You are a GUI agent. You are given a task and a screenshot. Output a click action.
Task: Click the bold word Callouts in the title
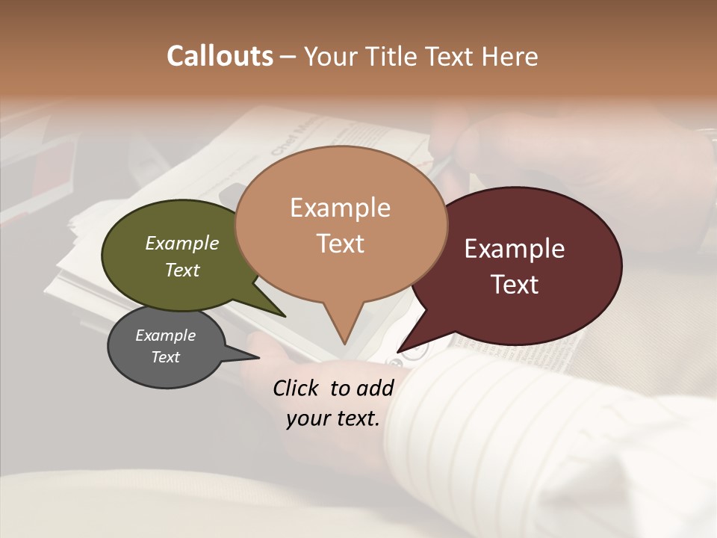pos(220,56)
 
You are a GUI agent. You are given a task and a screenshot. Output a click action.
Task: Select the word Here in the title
pos(508,56)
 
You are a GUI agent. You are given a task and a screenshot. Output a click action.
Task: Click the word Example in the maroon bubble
pos(515,249)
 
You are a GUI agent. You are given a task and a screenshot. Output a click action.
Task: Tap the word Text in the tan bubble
pos(341,244)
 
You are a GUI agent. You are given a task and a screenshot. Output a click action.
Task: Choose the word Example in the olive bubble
pos(182,243)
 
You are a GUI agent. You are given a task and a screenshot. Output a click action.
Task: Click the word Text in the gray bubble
pos(166,357)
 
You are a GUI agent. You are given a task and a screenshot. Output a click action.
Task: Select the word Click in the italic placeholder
pos(297,388)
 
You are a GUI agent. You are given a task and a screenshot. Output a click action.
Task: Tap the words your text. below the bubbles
pos(333,418)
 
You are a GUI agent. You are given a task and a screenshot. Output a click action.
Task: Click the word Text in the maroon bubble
pos(515,285)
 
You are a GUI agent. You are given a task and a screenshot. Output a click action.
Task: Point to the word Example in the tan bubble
pos(341,208)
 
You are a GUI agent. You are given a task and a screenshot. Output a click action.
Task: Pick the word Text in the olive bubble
pos(182,270)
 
